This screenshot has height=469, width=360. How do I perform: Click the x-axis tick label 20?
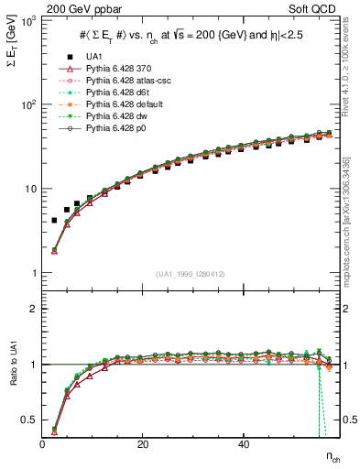143,445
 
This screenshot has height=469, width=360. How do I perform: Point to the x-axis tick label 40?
243,445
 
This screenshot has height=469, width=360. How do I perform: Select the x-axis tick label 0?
43,445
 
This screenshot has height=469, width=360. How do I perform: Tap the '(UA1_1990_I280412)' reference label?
191,273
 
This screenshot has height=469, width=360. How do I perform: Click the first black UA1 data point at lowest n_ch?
54,220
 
